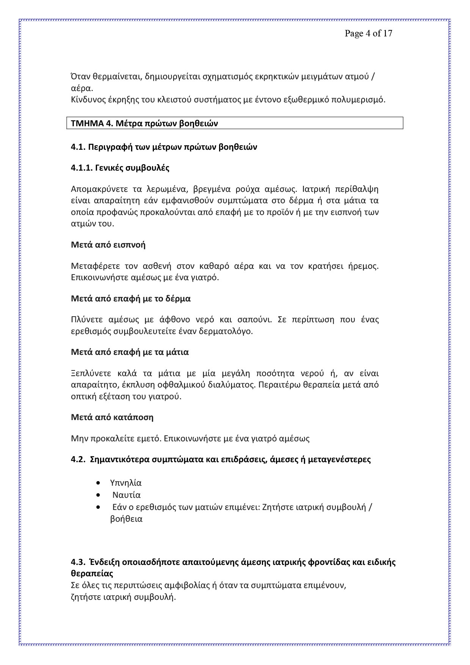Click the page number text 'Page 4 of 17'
point(368,33)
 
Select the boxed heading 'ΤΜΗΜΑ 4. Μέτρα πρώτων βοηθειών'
point(144,124)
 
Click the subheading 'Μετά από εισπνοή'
point(108,245)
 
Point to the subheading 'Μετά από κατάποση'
point(112,417)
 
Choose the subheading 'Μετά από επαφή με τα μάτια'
point(130,352)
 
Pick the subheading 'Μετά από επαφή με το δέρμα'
point(131,299)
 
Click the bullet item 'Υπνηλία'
point(125,483)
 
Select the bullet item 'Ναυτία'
point(126,495)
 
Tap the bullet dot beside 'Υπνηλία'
point(99,483)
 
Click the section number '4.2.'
point(78,460)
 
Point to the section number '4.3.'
point(78,562)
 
